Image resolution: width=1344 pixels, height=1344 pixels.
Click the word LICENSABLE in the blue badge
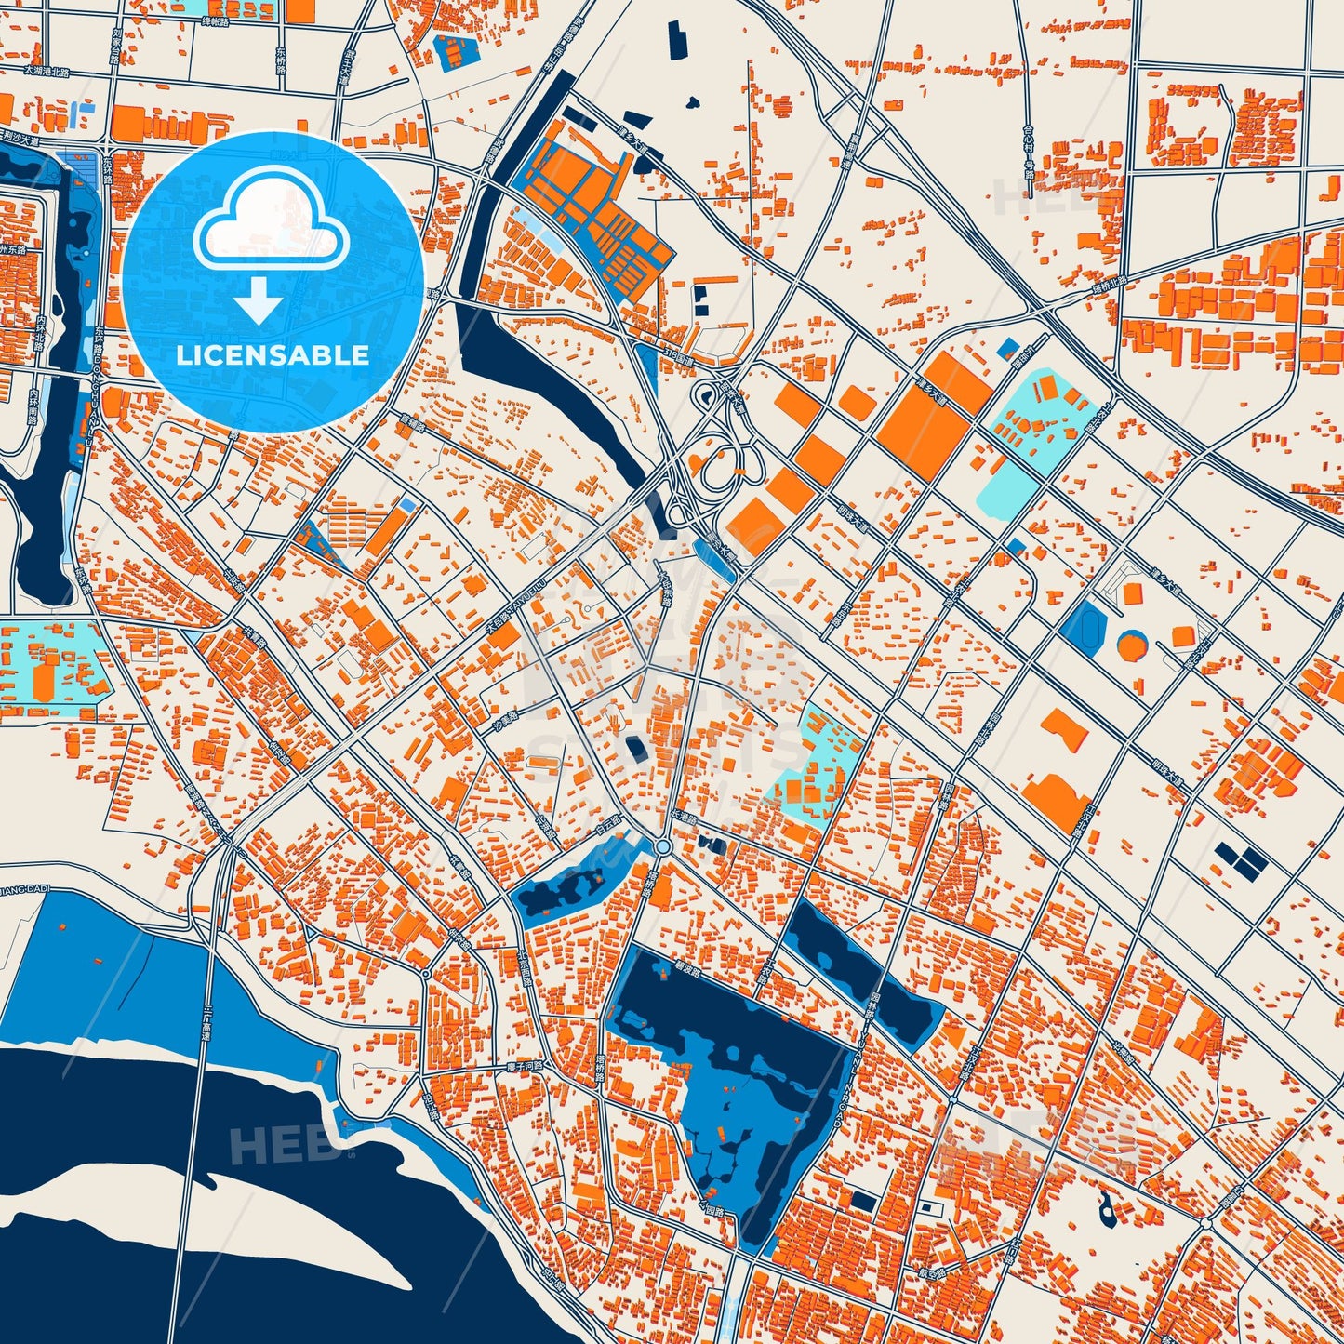273,355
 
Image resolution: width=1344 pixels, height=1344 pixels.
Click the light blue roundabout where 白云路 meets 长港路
662,846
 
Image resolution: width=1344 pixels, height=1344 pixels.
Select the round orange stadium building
1131,645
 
